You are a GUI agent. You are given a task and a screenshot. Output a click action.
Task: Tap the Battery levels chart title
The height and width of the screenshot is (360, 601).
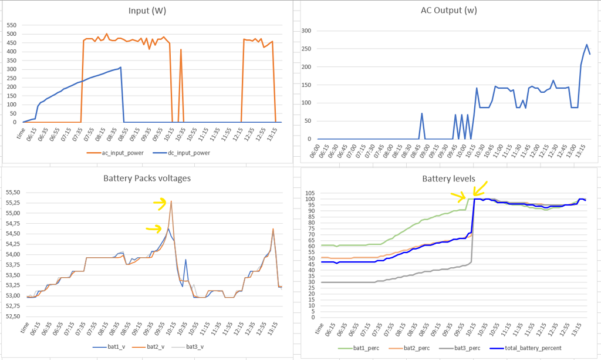coord(448,178)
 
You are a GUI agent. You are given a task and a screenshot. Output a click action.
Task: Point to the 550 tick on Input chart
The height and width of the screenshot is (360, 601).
coord(11,25)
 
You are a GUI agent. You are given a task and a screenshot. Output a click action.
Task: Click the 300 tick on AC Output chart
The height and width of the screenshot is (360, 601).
coord(306,31)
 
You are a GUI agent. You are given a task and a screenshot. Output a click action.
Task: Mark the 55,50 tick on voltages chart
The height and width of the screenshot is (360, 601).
coord(13,192)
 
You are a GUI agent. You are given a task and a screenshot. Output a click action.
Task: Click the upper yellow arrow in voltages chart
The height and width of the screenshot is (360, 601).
coord(160,203)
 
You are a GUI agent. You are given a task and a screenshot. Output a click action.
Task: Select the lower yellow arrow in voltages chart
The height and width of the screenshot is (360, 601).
coord(154,229)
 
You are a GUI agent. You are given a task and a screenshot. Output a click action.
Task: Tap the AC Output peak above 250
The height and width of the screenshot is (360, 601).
coord(586,45)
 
